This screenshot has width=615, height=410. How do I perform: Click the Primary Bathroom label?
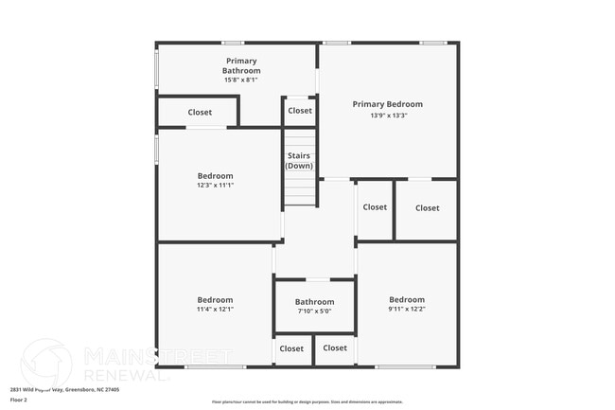pyautogui.click(x=241, y=65)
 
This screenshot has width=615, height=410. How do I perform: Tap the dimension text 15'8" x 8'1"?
pyautogui.click(x=241, y=80)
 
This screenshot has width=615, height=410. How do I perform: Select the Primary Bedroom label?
pyautogui.click(x=388, y=104)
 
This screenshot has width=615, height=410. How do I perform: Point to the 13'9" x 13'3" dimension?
pyautogui.click(x=388, y=116)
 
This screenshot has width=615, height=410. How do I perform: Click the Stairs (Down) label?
pyautogui.click(x=298, y=161)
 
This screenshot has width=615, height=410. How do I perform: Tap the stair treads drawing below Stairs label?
pyautogui.click(x=299, y=189)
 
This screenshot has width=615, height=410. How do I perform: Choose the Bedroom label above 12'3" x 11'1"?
pyautogui.click(x=215, y=175)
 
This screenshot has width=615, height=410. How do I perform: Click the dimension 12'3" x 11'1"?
pyautogui.click(x=215, y=186)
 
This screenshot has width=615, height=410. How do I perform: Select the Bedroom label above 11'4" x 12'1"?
pyautogui.click(x=215, y=299)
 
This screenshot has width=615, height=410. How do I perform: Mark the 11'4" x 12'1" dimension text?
pyautogui.click(x=215, y=309)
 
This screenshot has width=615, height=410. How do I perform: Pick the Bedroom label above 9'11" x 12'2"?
pyautogui.click(x=407, y=299)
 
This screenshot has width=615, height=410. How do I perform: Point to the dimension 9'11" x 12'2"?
pyautogui.click(x=407, y=309)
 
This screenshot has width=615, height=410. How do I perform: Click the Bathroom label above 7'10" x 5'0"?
pyautogui.click(x=314, y=302)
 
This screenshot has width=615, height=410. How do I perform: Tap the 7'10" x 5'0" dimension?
pyautogui.click(x=314, y=312)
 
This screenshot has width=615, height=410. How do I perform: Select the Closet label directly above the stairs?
pyautogui.click(x=300, y=111)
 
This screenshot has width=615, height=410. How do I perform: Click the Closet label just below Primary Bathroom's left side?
pyautogui.click(x=200, y=112)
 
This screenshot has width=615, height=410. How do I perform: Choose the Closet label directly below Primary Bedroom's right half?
pyautogui.click(x=427, y=208)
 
